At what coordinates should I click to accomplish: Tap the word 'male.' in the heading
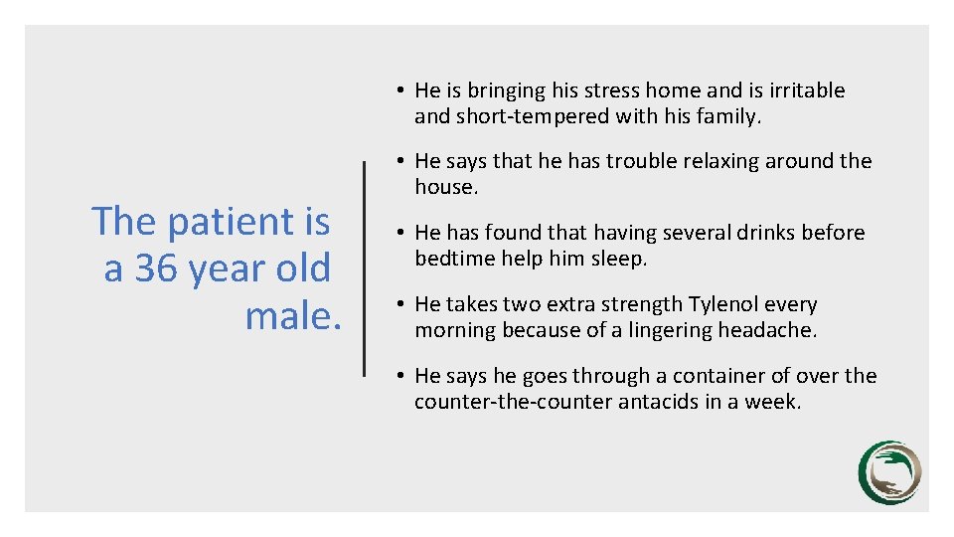[293, 316]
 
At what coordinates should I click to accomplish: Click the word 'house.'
[446, 187]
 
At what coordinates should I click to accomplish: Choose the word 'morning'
[454, 330]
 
